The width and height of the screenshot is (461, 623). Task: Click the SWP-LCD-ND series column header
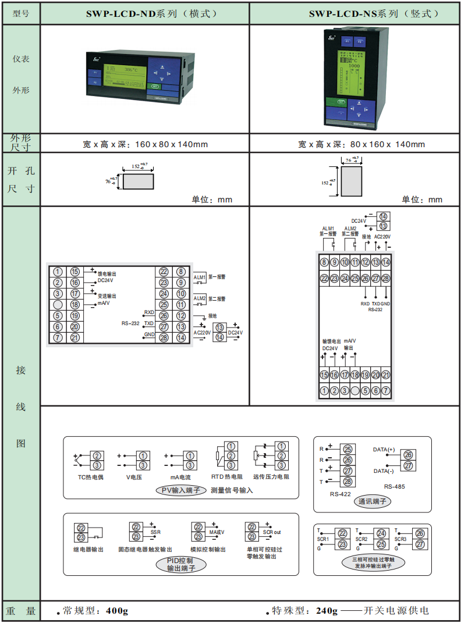pos(145,13)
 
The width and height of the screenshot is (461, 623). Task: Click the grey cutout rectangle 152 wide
pos(139,181)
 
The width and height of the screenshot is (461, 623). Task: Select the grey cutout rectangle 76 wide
pos(351,181)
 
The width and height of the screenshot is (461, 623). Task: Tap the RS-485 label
pos(395,486)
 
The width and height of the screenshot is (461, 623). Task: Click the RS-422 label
pos(341,494)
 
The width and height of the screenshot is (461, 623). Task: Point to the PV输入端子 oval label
pos(180,490)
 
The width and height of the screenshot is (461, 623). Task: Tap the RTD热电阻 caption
pos(226,478)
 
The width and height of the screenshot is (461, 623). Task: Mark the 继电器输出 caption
pos(88,550)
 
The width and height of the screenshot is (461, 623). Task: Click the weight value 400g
pos(117,611)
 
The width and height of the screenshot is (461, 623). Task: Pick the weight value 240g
pos(327,611)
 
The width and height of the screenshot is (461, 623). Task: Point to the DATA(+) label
pos(384,450)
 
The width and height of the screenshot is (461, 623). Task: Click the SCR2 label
pos(361,539)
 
